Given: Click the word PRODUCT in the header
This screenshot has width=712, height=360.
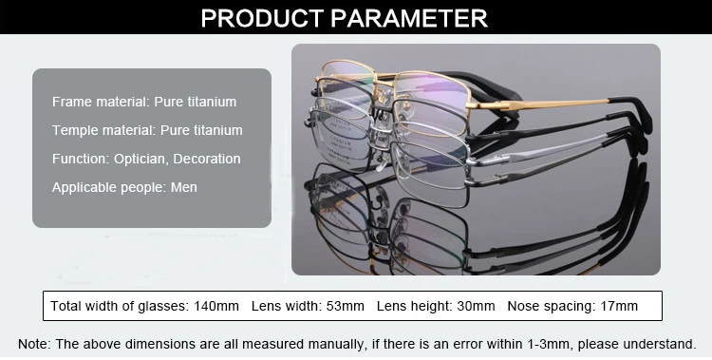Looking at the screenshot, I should click(258, 17).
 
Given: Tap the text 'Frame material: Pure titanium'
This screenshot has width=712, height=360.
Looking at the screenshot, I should click(144, 102).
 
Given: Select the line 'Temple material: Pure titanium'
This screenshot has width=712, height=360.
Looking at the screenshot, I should click(147, 130).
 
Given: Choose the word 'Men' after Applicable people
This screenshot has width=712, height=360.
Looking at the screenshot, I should click(184, 187).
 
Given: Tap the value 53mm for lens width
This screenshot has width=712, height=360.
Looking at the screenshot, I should click(345, 306).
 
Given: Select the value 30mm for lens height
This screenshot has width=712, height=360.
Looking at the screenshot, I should click(476, 306).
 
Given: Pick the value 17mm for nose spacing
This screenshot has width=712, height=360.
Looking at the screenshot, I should click(618, 306).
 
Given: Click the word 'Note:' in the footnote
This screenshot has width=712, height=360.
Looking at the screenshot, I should click(33, 343).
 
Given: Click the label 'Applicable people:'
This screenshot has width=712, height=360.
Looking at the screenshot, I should click(109, 187).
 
